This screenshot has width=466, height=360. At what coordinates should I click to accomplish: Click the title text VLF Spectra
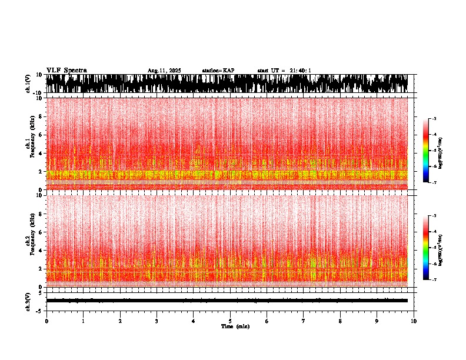pos(66,70)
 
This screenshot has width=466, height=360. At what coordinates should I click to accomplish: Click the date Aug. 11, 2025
pos(164,71)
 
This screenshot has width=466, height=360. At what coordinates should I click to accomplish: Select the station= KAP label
pos(218,71)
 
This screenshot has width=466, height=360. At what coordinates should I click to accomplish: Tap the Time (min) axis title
pos(235,326)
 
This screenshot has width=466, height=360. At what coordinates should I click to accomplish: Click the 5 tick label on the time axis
pos(230,321)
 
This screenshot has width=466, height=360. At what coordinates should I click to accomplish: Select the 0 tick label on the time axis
pos(46,321)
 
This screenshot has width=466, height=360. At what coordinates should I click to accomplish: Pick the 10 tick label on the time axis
pos(414,321)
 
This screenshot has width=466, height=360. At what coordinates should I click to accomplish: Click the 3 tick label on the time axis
pos(157,321)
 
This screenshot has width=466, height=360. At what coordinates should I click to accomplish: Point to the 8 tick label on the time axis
pos(340,321)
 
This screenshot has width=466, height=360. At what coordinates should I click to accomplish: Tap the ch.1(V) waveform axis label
pos(28,84)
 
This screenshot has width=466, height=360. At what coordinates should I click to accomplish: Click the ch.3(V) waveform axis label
pos(28,301)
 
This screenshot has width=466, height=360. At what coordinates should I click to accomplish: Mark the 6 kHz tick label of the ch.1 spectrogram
pos(41,135)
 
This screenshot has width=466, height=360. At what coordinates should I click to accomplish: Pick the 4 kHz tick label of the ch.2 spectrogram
pos(41,251)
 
